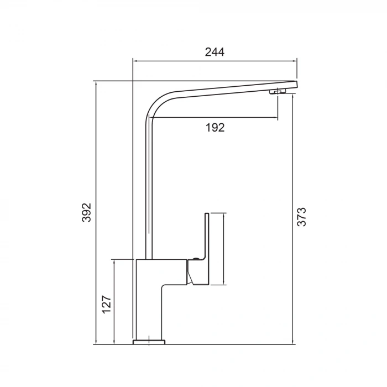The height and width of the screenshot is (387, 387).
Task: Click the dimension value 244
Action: [215, 52]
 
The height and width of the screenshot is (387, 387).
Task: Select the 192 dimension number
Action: [215, 128]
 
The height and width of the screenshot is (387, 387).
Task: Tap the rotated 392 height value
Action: [86, 212]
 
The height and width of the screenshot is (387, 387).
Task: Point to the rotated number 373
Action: [301, 217]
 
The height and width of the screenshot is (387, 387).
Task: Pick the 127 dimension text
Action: [107, 305]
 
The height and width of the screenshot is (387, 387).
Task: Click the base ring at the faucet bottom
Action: [149, 341]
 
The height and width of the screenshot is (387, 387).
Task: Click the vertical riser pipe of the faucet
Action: [148, 193]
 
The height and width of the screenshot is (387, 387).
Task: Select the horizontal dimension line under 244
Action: [215, 61]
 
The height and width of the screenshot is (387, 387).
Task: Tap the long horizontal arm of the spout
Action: [221, 91]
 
